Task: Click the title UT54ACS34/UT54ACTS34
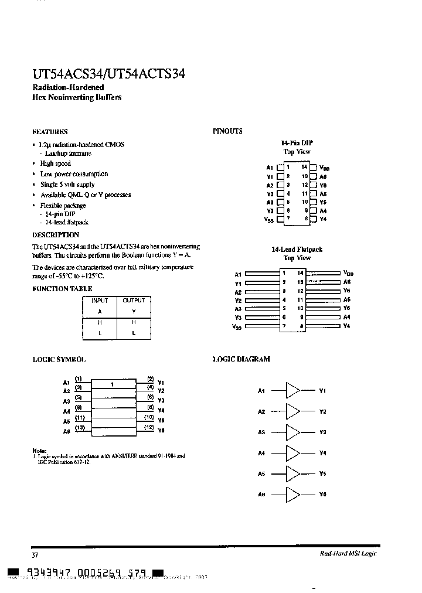coord(109,74)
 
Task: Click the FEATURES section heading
coord(50,132)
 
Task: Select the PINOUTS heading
coord(227,131)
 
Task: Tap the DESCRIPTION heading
coord(56,234)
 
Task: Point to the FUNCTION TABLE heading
coord(62,289)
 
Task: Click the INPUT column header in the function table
coord(100,301)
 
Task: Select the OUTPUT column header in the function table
coord(134,301)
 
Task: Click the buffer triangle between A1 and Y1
coord(292,390)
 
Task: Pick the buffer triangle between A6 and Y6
coord(292,495)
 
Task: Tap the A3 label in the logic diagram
coord(261,432)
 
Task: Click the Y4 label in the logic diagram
coord(322,453)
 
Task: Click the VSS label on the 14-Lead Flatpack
coord(237,326)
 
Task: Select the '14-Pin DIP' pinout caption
coord(297,143)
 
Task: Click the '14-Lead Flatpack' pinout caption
coord(297,250)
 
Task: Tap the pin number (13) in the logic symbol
coord(80,427)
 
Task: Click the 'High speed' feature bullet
coord(56,163)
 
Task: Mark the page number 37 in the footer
coord(35,554)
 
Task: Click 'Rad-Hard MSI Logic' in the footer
coord(348,554)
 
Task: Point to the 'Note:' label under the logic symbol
coord(39,449)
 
